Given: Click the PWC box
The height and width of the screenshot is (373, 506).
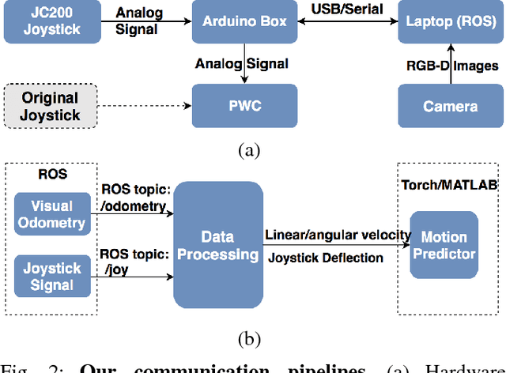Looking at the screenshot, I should coord(245,105).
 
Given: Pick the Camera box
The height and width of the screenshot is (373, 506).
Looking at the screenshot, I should coord(451,105).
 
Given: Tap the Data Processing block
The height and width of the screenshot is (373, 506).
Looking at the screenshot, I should coord(219,245).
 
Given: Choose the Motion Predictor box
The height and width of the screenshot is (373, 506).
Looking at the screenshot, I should coord(444,245).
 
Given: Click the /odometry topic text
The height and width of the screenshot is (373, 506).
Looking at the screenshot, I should coord(134,206).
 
